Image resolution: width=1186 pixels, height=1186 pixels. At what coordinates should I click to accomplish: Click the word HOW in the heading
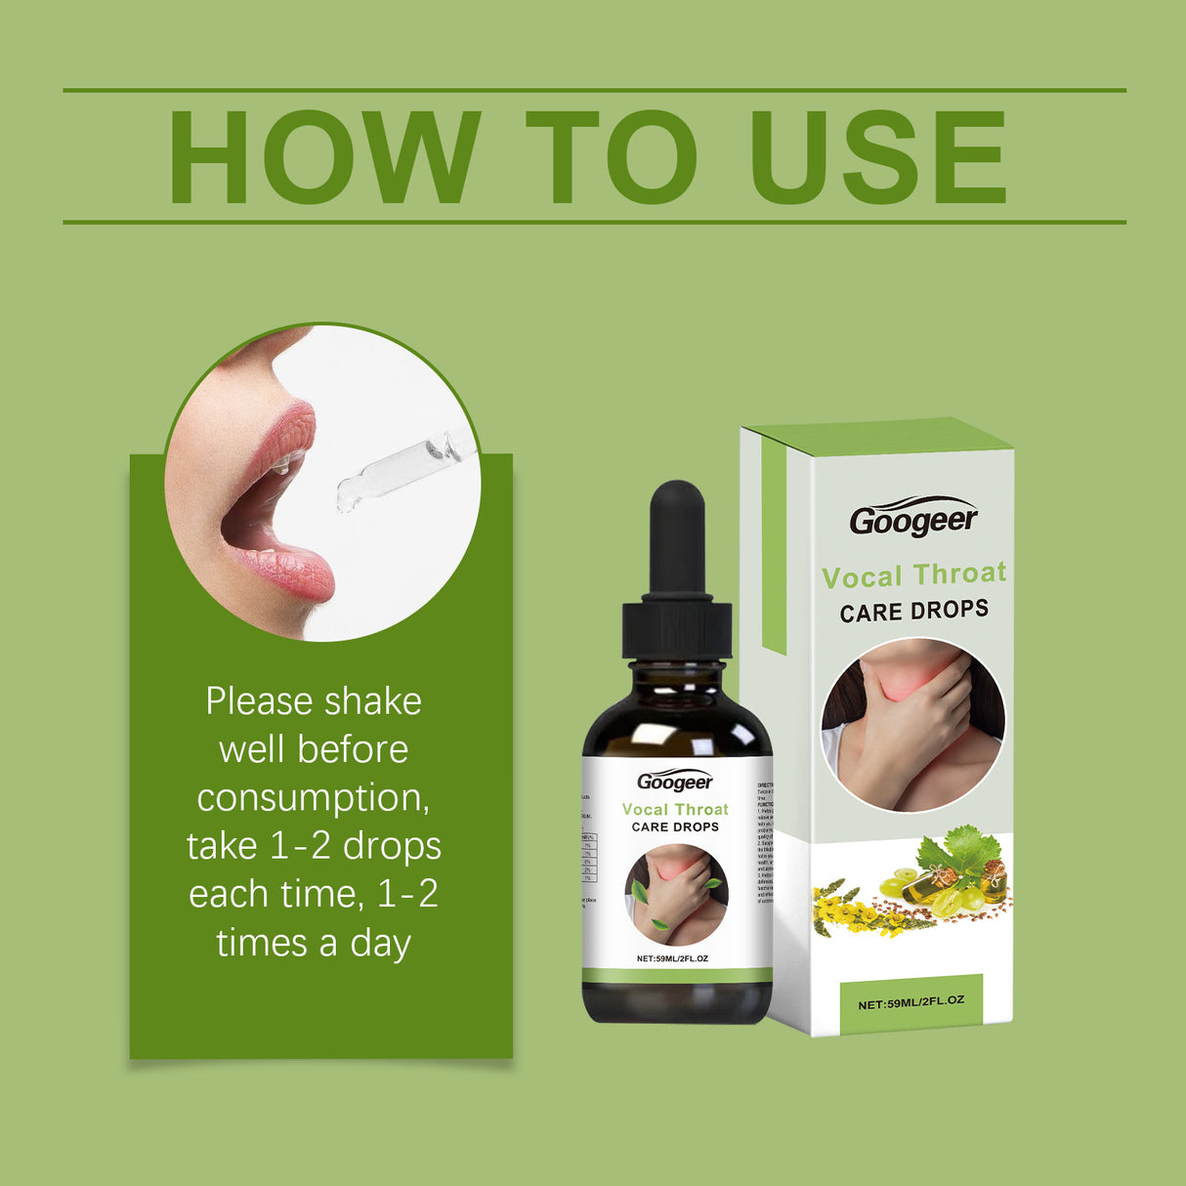[323, 157]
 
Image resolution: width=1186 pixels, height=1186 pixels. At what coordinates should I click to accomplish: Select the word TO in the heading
[611, 157]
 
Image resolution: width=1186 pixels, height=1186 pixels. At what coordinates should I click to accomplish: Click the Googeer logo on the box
[912, 519]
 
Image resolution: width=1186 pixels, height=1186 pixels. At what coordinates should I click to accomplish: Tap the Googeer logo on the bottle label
[675, 782]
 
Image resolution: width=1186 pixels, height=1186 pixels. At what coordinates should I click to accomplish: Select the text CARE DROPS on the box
[913, 612]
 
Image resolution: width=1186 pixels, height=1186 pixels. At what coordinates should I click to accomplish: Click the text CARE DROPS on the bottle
[675, 826]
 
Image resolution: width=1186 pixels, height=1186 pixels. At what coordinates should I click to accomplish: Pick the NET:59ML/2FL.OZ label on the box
[911, 1002]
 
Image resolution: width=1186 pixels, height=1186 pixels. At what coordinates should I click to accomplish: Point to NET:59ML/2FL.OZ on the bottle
[672, 958]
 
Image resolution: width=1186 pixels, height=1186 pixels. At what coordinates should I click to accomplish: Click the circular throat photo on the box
[912, 725]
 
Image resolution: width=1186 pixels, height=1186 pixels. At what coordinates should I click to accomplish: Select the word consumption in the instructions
[313, 798]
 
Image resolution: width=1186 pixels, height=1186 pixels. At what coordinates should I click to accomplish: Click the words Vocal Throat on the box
[913, 575]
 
